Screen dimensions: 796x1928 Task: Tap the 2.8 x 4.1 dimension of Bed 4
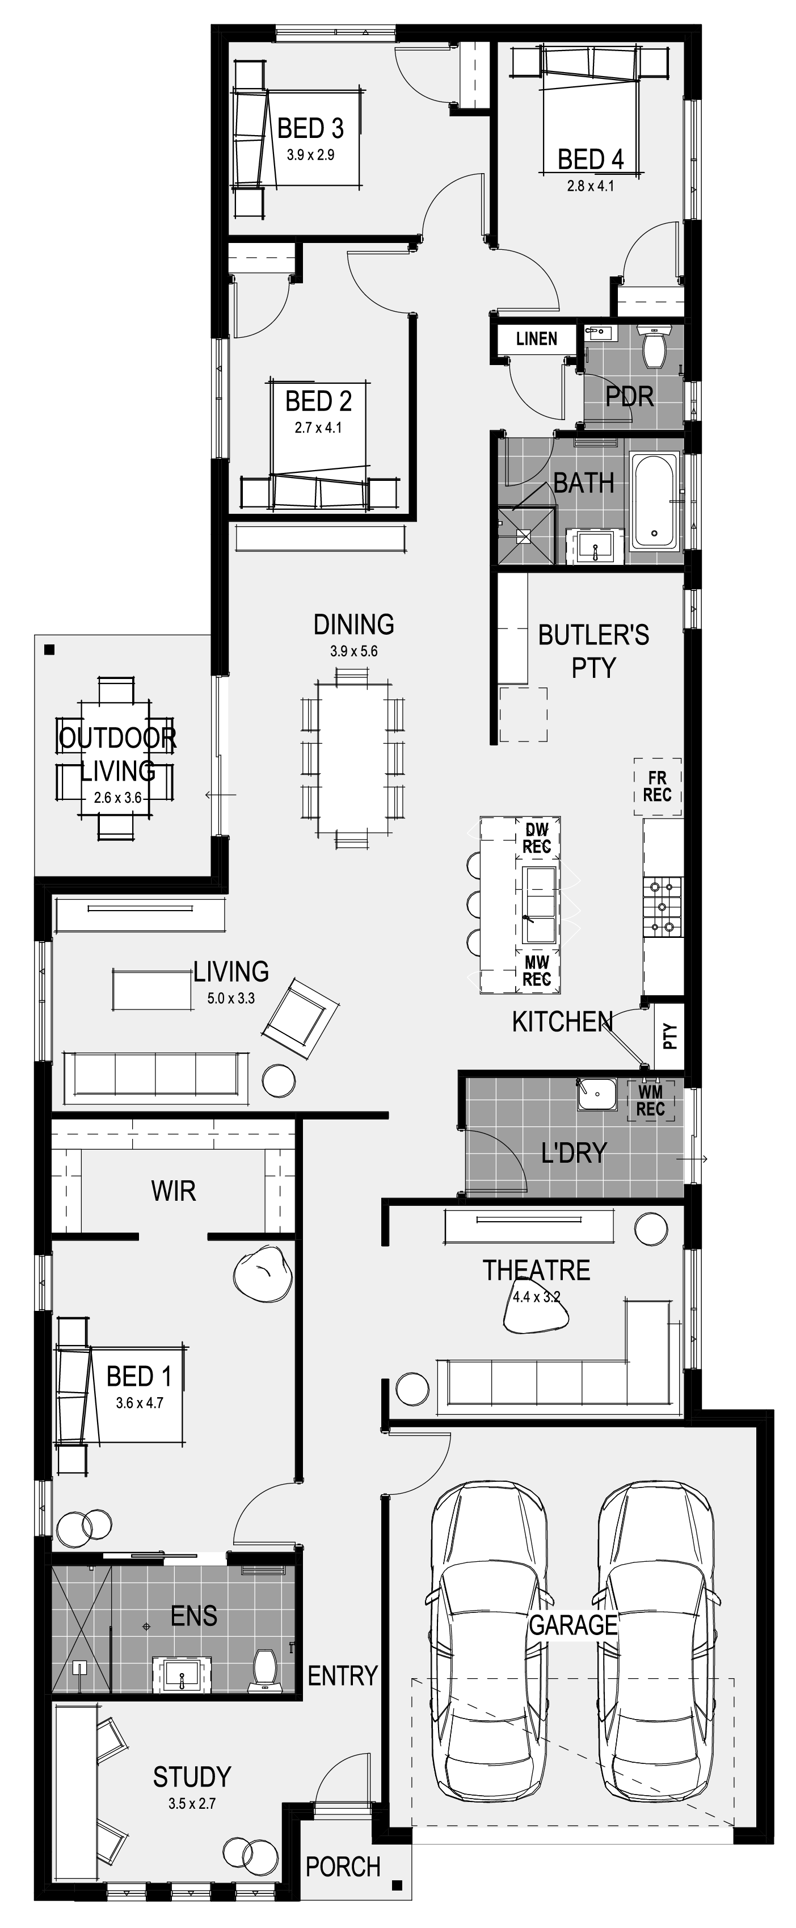pos(590,186)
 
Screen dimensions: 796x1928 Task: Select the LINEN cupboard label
pos(536,339)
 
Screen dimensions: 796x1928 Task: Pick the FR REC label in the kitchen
pos(657,787)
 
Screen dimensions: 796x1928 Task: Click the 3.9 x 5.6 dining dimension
pos(354,651)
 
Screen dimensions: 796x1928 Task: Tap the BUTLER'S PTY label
pos(593,651)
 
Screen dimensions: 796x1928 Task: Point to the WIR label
pos(174,1191)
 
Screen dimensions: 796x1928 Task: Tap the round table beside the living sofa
pos(279,1080)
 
